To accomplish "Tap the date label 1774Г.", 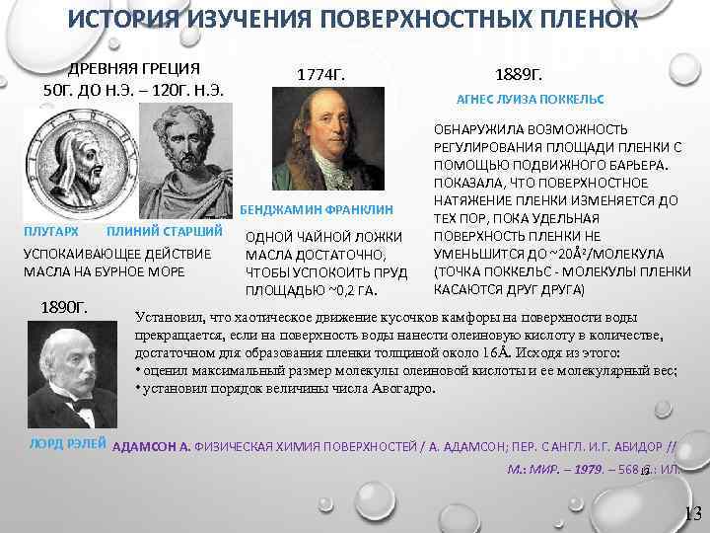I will tap(321, 75).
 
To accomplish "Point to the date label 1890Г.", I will tap(65, 307).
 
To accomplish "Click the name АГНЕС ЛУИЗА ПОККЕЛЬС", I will tap(531, 101).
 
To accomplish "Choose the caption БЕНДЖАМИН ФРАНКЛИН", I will tap(316, 210).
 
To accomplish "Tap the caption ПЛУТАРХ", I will tap(50, 231).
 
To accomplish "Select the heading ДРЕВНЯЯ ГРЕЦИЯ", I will tap(133, 68).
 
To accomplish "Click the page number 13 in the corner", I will tap(692, 512).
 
